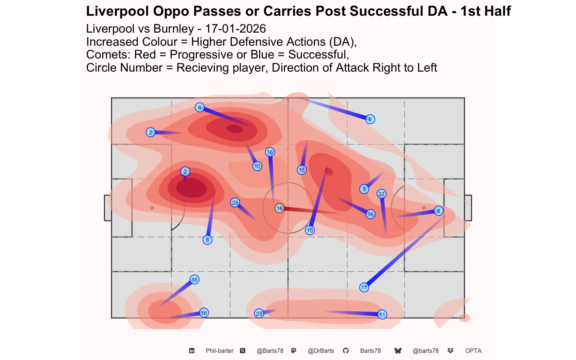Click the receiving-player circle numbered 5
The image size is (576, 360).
(364, 189)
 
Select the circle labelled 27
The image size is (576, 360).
(381, 194)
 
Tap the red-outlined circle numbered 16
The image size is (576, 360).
(279, 208)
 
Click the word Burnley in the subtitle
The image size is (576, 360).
(174, 28)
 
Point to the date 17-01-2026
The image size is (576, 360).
(235, 28)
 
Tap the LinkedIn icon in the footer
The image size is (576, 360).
(192, 351)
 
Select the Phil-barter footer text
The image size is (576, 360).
(220, 351)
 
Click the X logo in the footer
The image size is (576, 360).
(243, 351)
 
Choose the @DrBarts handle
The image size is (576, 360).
(321, 351)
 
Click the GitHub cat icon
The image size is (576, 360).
(346, 351)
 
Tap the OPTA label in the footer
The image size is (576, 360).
(473, 351)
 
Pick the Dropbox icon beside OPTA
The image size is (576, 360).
(450, 351)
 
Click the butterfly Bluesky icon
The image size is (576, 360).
(398, 351)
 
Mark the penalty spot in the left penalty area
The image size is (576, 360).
(152, 208)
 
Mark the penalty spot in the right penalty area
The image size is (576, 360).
(424, 208)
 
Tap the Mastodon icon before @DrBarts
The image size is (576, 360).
(294, 351)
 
